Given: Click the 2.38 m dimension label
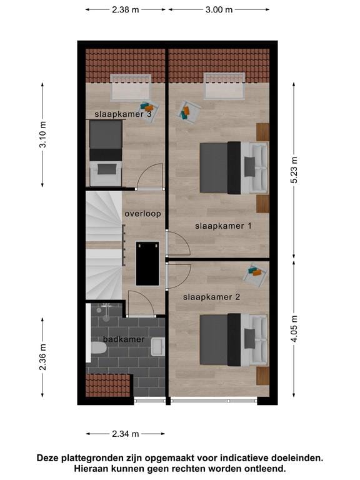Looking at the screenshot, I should [x=126, y=10].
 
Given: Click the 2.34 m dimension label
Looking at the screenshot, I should [x=126, y=434].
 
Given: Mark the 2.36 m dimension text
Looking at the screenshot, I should [x=42, y=357].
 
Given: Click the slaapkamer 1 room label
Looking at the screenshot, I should [x=223, y=226].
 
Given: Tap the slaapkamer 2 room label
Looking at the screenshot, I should [x=212, y=297].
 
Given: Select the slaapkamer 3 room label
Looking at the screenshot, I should [x=123, y=114].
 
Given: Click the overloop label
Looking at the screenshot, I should [x=142, y=214].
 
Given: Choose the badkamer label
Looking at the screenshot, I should [x=124, y=339].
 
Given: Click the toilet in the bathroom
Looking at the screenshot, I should [x=98, y=349].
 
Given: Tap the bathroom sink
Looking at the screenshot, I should [x=157, y=344].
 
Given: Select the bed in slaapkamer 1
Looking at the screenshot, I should [x=232, y=167].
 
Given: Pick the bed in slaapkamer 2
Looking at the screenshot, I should [x=232, y=339].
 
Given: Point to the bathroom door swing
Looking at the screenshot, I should [x=140, y=305].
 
